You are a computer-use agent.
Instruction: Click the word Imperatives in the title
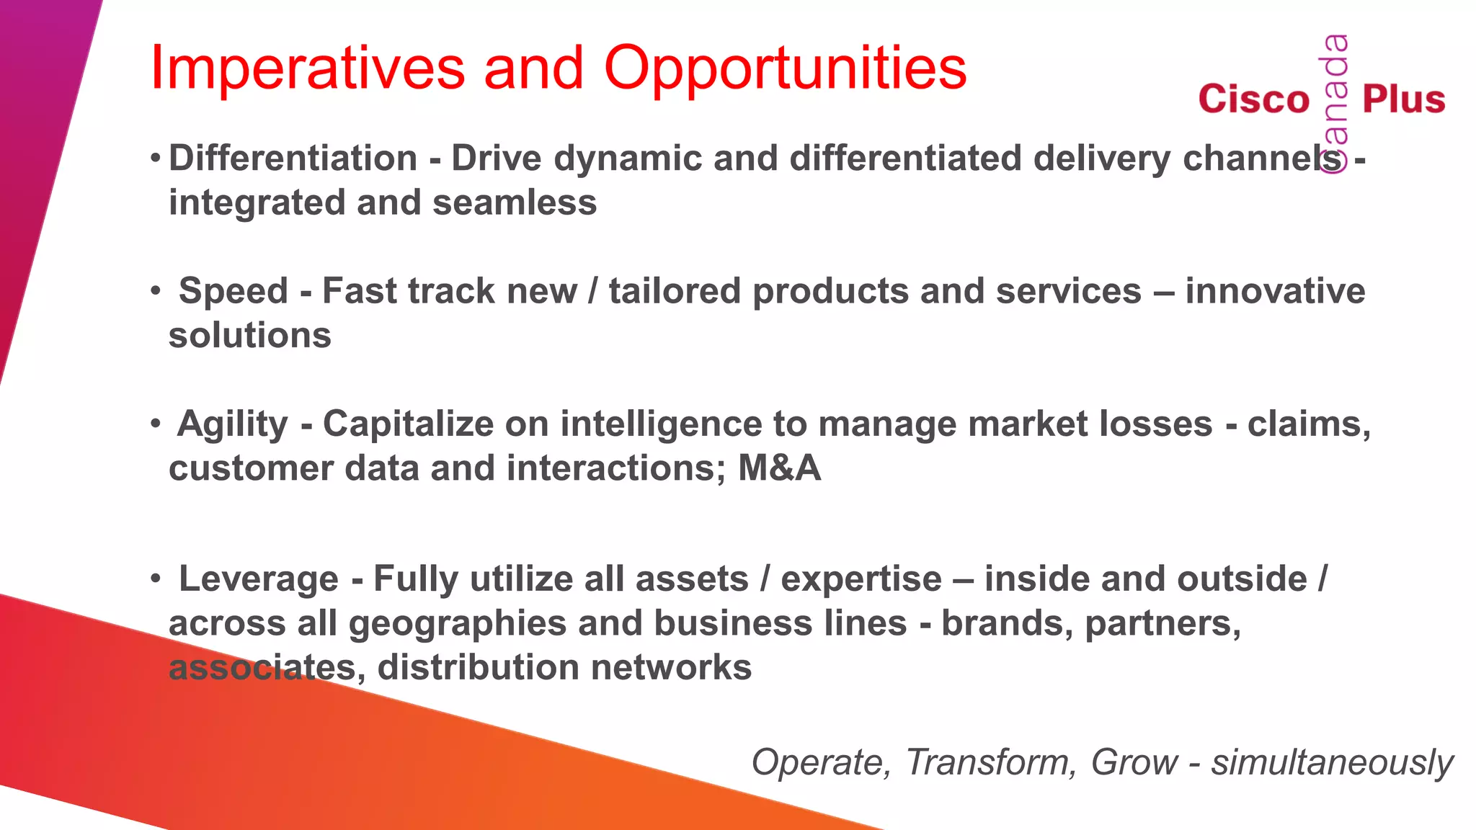307,68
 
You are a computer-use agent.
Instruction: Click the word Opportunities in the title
785,68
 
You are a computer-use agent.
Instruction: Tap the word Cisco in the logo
1253,99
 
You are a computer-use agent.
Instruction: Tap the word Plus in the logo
1403,99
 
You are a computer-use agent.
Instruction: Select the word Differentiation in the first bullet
293,159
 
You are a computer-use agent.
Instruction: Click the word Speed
233,291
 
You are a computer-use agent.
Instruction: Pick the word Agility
232,424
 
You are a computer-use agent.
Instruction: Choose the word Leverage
258,579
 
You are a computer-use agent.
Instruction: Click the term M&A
779,468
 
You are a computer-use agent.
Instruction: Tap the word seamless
515,202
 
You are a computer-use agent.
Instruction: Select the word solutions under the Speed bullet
249,336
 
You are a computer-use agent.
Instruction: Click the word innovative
1274,291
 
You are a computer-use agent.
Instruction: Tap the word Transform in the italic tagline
990,762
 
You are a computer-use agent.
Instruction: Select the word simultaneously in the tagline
1331,762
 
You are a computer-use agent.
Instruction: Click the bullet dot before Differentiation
155,158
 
